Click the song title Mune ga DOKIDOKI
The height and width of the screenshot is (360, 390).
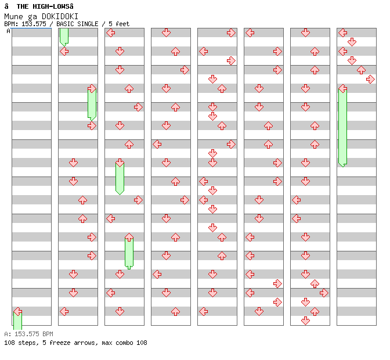[x=41, y=16]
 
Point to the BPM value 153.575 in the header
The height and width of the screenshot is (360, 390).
[x=34, y=24]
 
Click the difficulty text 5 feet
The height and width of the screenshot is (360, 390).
[x=118, y=24]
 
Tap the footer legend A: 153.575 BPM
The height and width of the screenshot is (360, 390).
[x=28, y=334]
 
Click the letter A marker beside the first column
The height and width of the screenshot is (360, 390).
[x=9, y=31]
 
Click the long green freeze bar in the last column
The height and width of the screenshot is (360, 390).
[x=342, y=127]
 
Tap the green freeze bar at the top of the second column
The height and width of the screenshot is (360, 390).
[x=64, y=36]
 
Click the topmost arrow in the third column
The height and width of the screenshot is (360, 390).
[x=110, y=33]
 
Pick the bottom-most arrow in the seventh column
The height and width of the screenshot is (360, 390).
[x=305, y=321]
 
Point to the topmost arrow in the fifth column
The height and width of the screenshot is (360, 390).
[x=231, y=33]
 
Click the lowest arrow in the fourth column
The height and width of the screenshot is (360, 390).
[x=175, y=311]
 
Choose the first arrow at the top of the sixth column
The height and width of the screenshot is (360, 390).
[x=250, y=33]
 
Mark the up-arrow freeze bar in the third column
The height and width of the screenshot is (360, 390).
[x=129, y=251]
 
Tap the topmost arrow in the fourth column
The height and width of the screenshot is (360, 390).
[x=166, y=33]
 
